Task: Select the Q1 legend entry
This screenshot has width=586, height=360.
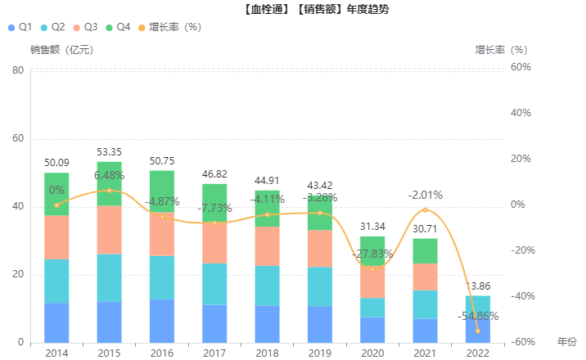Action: tap(19, 27)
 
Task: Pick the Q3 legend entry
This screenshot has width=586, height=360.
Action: tap(92, 27)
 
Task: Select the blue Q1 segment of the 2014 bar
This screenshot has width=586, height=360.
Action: tap(56, 322)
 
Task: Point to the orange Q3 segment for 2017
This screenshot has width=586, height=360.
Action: tap(214, 242)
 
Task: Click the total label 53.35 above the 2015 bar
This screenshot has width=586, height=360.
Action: tap(109, 152)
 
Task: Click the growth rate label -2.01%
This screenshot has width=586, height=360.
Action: tap(425, 195)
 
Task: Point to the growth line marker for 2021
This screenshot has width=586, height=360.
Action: tap(425, 210)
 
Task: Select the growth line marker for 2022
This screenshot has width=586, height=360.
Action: tap(478, 331)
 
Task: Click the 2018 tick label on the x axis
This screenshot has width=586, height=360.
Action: tap(267, 353)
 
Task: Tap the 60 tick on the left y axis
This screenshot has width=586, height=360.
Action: tap(17, 138)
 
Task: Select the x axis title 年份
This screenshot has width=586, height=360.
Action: tap(566, 341)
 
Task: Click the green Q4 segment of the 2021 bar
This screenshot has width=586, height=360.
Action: tap(425, 250)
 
